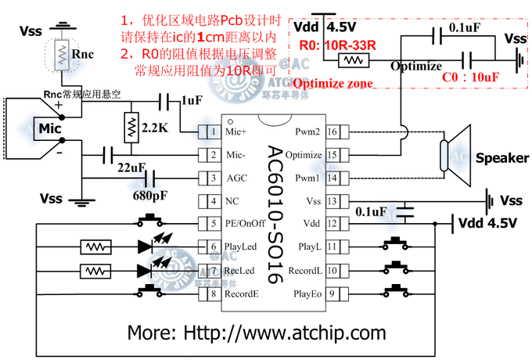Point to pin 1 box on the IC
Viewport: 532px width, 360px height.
[x=210, y=131]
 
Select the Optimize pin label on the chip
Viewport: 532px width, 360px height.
[x=304, y=155]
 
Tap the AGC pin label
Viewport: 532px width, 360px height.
[x=237, y=178]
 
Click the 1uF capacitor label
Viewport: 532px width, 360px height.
[x=191, y=100]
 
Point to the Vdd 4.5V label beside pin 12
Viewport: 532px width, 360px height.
[x=488, y=223]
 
